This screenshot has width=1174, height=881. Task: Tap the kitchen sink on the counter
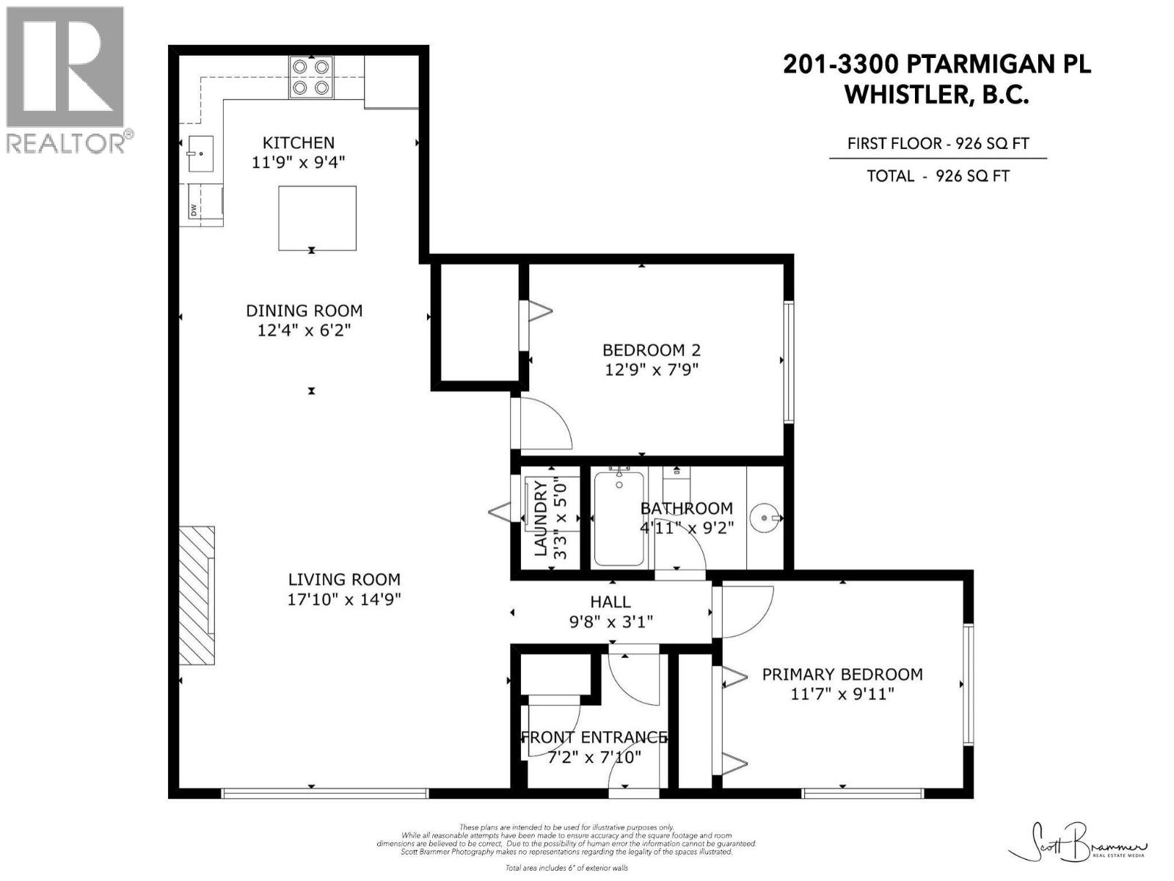(200, 153)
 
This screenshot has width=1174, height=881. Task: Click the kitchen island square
(317, 218)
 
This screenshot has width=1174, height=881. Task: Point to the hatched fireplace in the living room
(197, 595)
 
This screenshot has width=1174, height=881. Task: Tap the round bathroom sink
(768, 518)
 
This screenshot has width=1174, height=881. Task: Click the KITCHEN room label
(299, 142)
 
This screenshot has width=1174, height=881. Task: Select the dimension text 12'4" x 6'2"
(304, 330)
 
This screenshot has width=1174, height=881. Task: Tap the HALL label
(610, 602)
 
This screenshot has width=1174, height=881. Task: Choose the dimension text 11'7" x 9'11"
(842, 694)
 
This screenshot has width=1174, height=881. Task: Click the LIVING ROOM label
(344, 579)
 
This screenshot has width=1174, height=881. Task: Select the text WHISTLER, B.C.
(937, 95)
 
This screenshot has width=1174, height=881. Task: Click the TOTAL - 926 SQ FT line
(938, 176)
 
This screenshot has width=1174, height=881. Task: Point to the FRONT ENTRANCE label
(594, 737)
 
